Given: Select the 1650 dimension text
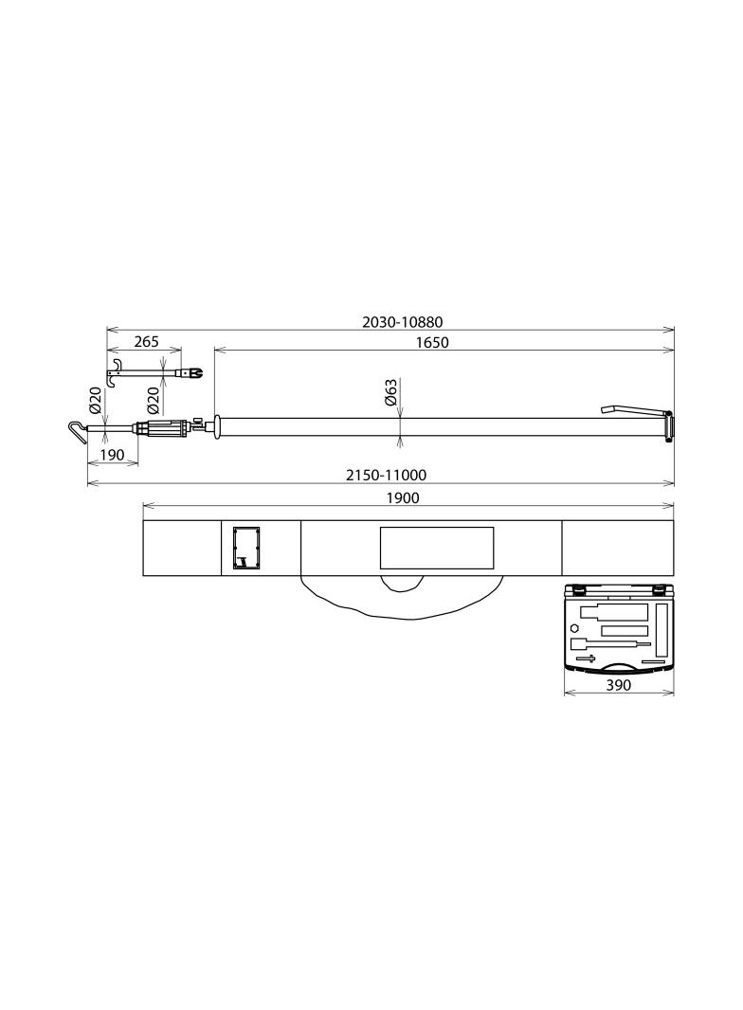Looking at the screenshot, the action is (432, 343).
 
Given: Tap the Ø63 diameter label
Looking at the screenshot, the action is (391, 392).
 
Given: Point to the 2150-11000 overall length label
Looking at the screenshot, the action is (386, 476).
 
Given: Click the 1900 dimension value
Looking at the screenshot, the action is (404, 497).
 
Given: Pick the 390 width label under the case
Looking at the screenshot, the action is (619, 685).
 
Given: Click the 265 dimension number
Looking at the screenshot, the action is (146, 341).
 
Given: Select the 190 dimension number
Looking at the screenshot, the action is (112, 456).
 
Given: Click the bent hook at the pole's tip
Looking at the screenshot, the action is (78, 430).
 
